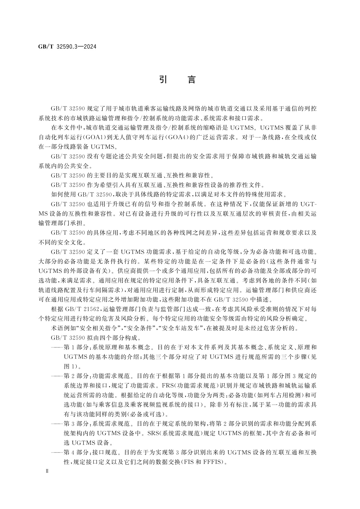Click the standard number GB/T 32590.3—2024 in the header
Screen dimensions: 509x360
[67, 47]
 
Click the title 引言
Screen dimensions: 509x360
[178, 79]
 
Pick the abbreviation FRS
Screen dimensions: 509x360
[167, 385]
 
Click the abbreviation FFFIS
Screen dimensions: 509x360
[215, 462]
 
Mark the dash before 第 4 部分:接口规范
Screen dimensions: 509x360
[57, 452]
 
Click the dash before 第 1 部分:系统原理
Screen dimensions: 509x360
[57, 347]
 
